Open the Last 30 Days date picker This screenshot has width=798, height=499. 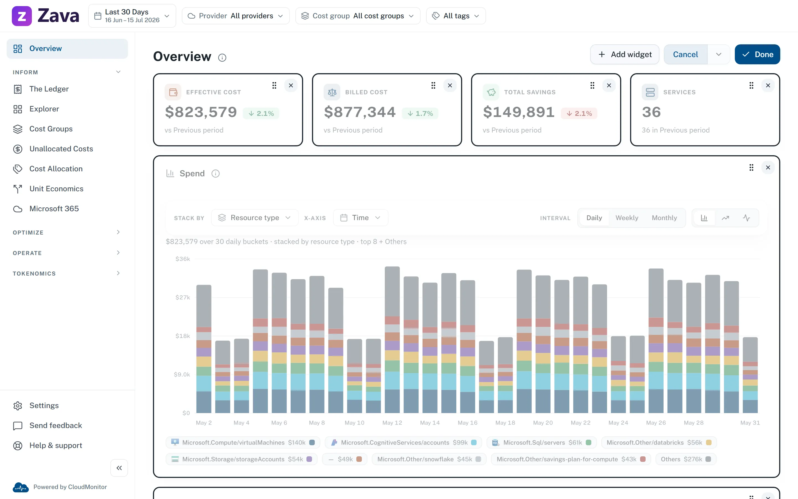(x=132, y=16)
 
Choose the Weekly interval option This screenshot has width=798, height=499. (x=626, y=218)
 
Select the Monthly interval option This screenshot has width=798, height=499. (x=664, y=218)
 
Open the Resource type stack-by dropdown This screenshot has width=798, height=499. (x=255, y=218)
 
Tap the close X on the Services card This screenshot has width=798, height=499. (x=768, y=85)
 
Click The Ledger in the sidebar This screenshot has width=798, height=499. (x=49, y=89)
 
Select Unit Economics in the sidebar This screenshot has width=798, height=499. (x=56, y=189)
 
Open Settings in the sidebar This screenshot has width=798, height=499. (x=44, y=406)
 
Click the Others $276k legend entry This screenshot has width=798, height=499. (x=686, y=459)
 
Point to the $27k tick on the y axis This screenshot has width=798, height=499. (x=183, y=297)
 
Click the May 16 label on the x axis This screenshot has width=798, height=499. (x=467, y=423)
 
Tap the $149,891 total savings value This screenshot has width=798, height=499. (x=519, y=112)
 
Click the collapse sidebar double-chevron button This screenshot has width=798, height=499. (x=119, y=468)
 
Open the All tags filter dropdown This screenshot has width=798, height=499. (x=456, y=16)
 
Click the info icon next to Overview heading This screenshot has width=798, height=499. (x=222, y=58)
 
